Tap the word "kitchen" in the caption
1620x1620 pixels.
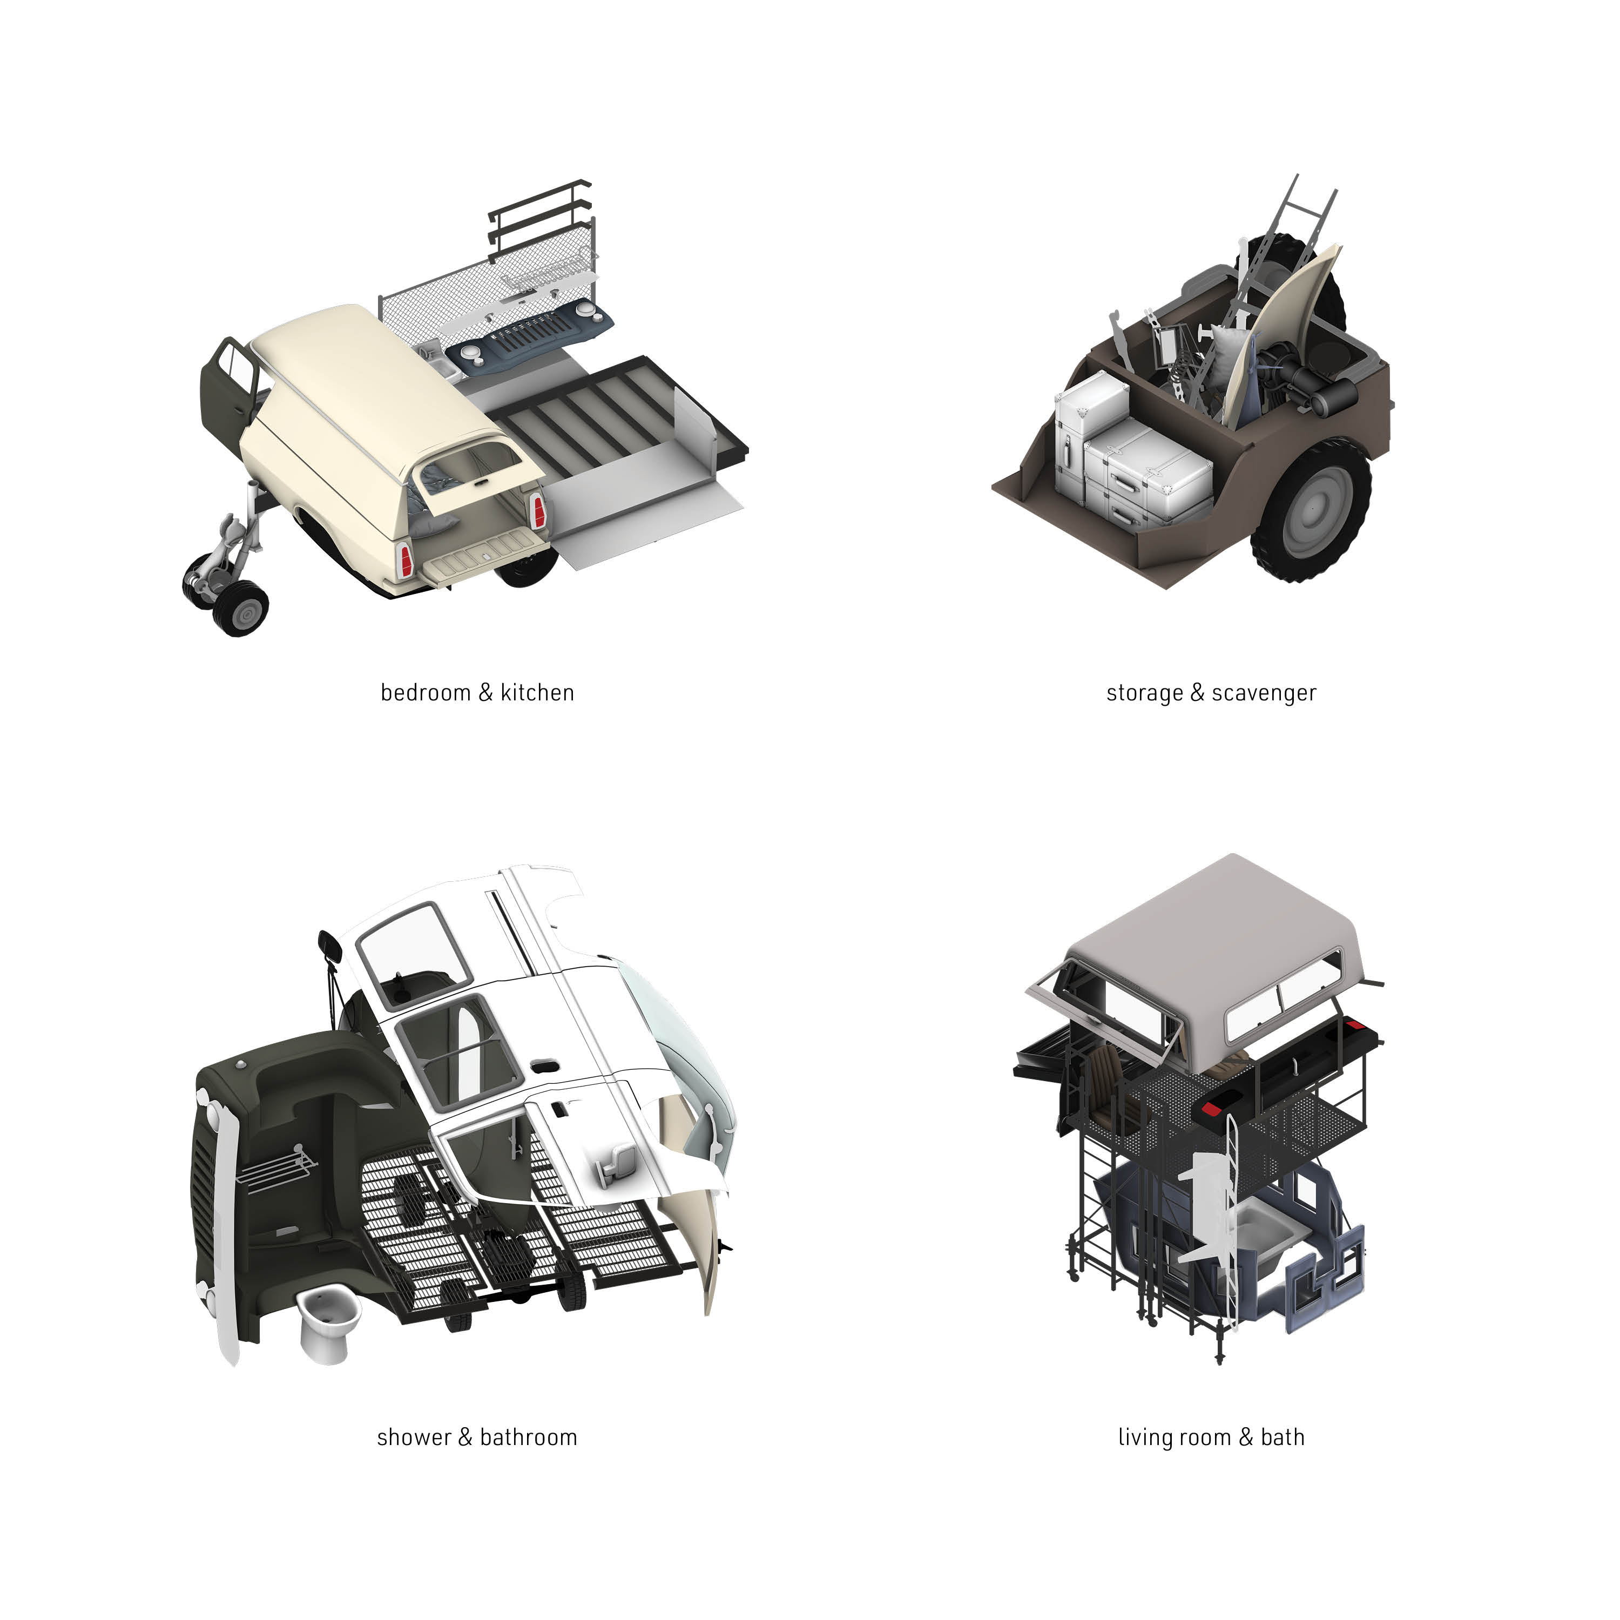pos(537,693)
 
